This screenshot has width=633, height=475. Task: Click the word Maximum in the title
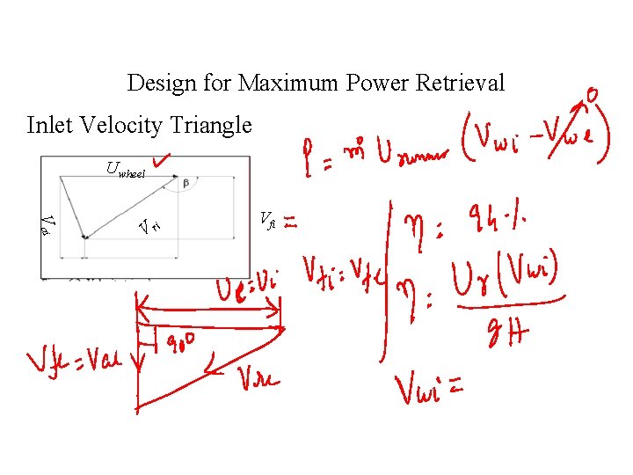[287, 84]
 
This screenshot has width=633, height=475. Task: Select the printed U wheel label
[125, 169]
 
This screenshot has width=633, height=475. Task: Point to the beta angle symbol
[185, 183]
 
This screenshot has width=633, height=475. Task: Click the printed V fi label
[268, 218]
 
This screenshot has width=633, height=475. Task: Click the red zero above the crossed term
[593, 92]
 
